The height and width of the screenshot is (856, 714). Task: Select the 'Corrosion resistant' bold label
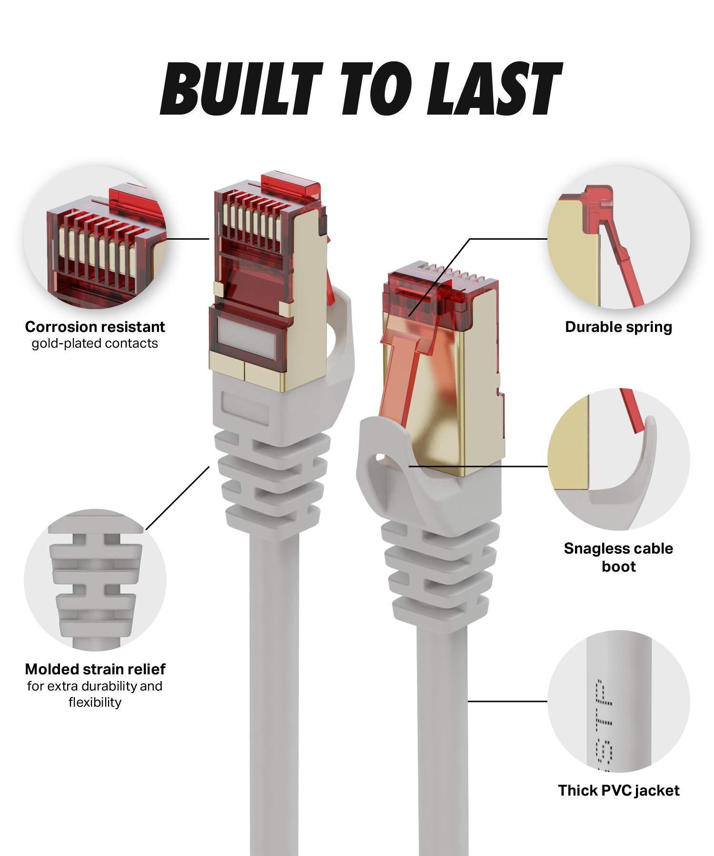pos(95,327)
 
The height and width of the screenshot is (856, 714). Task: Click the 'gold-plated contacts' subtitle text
pos(95,343)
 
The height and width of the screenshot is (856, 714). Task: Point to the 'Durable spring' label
pos(618,327)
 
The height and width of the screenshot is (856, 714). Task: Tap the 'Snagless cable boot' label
pos(618,557)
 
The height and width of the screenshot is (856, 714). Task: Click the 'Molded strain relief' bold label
pos(95,669)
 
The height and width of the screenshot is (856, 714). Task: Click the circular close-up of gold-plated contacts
pos(95,238)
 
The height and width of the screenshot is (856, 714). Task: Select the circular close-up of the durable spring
pos(618,238)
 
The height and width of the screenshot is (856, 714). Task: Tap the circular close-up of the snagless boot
pos(618,459)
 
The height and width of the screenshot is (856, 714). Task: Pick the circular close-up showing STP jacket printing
pos(618,701)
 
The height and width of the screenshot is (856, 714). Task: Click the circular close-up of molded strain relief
pos(95,580)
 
